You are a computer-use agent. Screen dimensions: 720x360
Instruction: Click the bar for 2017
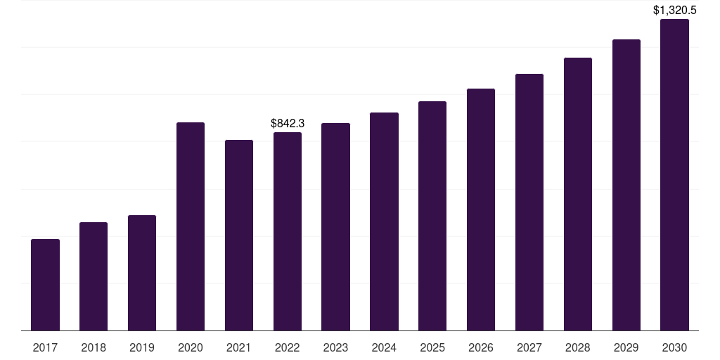(45, 285)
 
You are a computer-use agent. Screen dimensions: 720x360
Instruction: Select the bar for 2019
(142, 273)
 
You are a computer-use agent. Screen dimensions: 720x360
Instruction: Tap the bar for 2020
(191, 226)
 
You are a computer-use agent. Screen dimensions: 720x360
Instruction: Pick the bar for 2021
(239, 235)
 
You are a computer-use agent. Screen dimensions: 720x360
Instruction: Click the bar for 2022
(288, 231)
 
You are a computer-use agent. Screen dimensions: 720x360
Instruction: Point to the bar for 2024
(385, 221)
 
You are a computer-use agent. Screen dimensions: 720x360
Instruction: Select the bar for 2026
(481, 210)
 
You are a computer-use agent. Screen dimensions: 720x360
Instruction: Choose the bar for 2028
(578, 194)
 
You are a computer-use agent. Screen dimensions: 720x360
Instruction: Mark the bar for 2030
(674, 175)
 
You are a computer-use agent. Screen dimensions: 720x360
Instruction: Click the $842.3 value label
(288, 124)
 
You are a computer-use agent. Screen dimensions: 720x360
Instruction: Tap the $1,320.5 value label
(674, 10)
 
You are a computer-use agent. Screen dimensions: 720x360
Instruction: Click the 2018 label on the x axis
(94, 347)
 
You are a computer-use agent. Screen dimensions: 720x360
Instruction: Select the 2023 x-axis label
(335, 347)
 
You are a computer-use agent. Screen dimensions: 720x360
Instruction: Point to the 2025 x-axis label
(432, 347)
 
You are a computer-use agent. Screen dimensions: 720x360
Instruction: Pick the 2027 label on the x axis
(529, 347)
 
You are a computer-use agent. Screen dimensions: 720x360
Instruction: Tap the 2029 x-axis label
(626, 347)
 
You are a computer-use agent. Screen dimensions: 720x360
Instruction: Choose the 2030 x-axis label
(674, 347)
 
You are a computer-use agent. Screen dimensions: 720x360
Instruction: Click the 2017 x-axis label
(45, 347)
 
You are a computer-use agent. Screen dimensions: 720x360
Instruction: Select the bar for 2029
(626, 185)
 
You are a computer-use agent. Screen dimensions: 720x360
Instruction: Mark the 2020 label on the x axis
(191, 347)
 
